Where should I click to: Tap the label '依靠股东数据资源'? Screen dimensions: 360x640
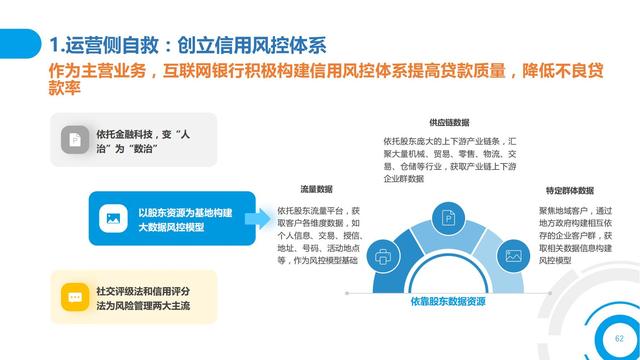(x=447, y=300)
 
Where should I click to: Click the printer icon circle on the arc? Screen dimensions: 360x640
(x=383, y=256)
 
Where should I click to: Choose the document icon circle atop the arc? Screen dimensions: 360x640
(x=448, y=218)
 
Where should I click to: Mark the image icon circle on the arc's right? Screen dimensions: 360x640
(x=514, y=256)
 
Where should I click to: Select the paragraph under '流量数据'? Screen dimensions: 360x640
(x=318, y=236)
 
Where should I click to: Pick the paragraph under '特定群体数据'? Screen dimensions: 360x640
(x=574, y=236)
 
